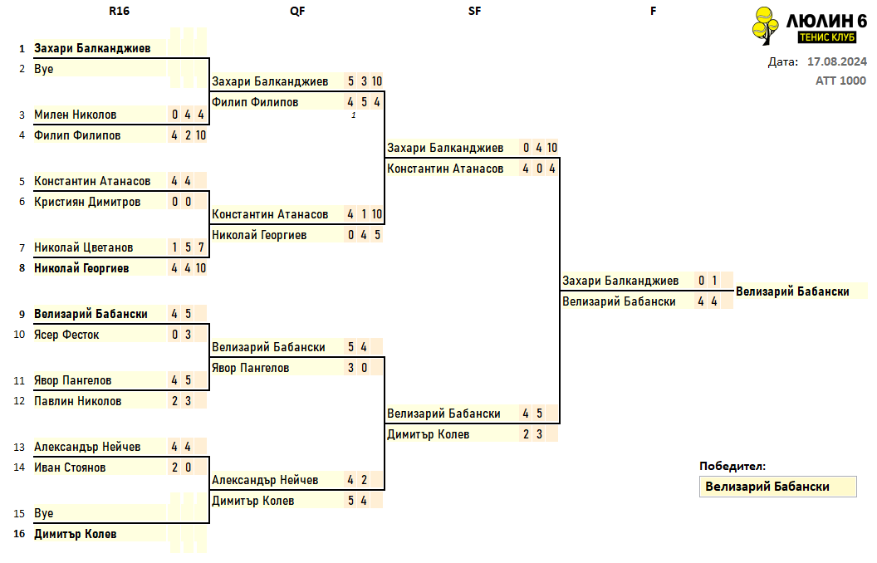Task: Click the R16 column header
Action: click(119, 11)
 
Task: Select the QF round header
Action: click(297, 11)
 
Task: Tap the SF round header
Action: click(474, 11)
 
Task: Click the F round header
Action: click(654, 11)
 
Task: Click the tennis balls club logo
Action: click(765, 26)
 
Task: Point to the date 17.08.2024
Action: click(837, 61)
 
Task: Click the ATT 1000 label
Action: click(840, 81)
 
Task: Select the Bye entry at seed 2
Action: click(44, 69)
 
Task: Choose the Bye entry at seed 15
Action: click(44, 513)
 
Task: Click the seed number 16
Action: click(20, 534)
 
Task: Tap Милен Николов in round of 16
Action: click(75, 115)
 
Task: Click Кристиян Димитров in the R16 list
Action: click(87, 202)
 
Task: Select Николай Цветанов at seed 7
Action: click(83, 247)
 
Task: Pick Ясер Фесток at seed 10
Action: click(66, 335)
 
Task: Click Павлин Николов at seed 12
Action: click(78, 401)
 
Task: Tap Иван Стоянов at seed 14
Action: click(70, 468)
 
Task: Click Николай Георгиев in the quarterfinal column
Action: click(259, 235)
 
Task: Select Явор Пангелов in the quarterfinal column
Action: click(251, 368)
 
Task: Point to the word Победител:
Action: click(732, 467)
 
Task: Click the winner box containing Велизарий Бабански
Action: click(778, 487)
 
